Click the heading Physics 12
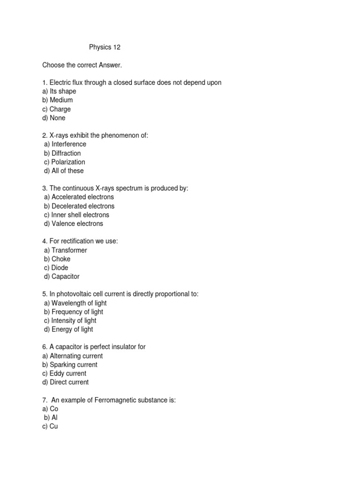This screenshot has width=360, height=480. pyautogui.click(x=105, y=47)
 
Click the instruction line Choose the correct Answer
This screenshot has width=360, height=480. pyautogui.click(x=78, y=65)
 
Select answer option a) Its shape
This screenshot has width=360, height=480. pyautogui.click(x=59, y=91)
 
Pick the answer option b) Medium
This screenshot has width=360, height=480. pyautogui.click(x=58, y=100)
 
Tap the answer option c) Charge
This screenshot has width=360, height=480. pyautogui.click(x=57, y=109)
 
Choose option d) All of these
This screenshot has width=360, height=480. pyautogui.click(x=64, y=171)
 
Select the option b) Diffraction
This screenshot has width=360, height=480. pyautogui.click(x=62, y=153)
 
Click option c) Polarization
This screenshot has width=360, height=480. pyautogui.click(x=65, y=162)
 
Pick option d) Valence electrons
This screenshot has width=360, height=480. pyautogui.click(x=74, y=224)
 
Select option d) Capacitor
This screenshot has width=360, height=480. pyautogui.click(x=62, y=277)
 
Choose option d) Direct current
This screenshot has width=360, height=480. pyautogui.click(x=65, y=382)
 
